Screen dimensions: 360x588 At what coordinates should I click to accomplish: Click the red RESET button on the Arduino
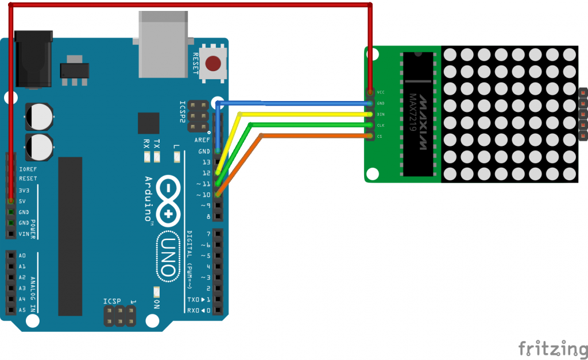214,63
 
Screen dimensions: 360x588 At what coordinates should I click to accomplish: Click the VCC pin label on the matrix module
381,92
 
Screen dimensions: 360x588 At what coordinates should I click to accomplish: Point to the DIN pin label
380,114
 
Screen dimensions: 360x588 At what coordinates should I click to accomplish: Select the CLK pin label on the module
380,125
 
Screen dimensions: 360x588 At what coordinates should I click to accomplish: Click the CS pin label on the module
379,136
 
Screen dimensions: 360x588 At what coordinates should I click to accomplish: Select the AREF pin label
203,140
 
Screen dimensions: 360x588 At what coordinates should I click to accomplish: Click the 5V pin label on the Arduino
23,201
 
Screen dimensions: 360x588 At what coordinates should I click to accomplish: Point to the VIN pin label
24,234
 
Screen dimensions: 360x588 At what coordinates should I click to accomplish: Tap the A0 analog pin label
22,256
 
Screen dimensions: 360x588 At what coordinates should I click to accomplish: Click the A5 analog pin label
22,309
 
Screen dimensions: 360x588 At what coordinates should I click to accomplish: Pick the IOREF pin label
28,169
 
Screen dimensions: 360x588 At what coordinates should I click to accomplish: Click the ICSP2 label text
183,112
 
